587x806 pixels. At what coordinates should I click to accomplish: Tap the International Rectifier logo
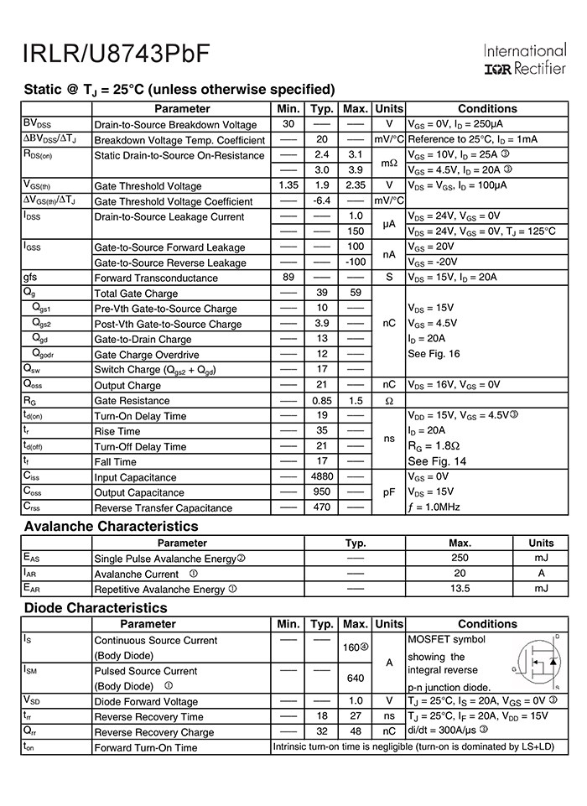(x=525, y=60)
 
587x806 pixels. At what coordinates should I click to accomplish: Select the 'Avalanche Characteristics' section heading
(x=112, y=527)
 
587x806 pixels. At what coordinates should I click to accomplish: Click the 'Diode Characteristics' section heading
(x=96, y=608)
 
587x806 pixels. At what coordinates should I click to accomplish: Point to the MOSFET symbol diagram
(x=538, y=663)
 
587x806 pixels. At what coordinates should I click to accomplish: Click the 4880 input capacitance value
(x=321, y=476)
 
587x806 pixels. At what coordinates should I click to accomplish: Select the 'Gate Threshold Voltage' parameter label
(x=148, y=186)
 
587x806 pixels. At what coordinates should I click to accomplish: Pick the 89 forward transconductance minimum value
(x=288, y=278)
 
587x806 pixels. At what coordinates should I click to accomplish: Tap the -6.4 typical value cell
(x=321, y=201)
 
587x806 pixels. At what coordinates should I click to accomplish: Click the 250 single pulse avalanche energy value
(x=460, y=558)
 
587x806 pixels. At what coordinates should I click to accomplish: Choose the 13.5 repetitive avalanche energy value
(x=460, y=589)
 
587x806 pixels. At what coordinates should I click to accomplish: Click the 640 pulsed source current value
(x=356, y=679)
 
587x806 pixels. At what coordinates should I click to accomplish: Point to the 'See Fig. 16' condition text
(x=434, y=354)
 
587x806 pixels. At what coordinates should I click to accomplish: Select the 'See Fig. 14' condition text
(x=436, y=461)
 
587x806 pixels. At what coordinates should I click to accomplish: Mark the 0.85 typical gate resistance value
(x=321, y=400)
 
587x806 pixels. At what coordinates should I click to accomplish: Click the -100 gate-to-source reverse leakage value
(x=356, y=263)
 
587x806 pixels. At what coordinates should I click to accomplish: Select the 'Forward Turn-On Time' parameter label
(x=146, y=747)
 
